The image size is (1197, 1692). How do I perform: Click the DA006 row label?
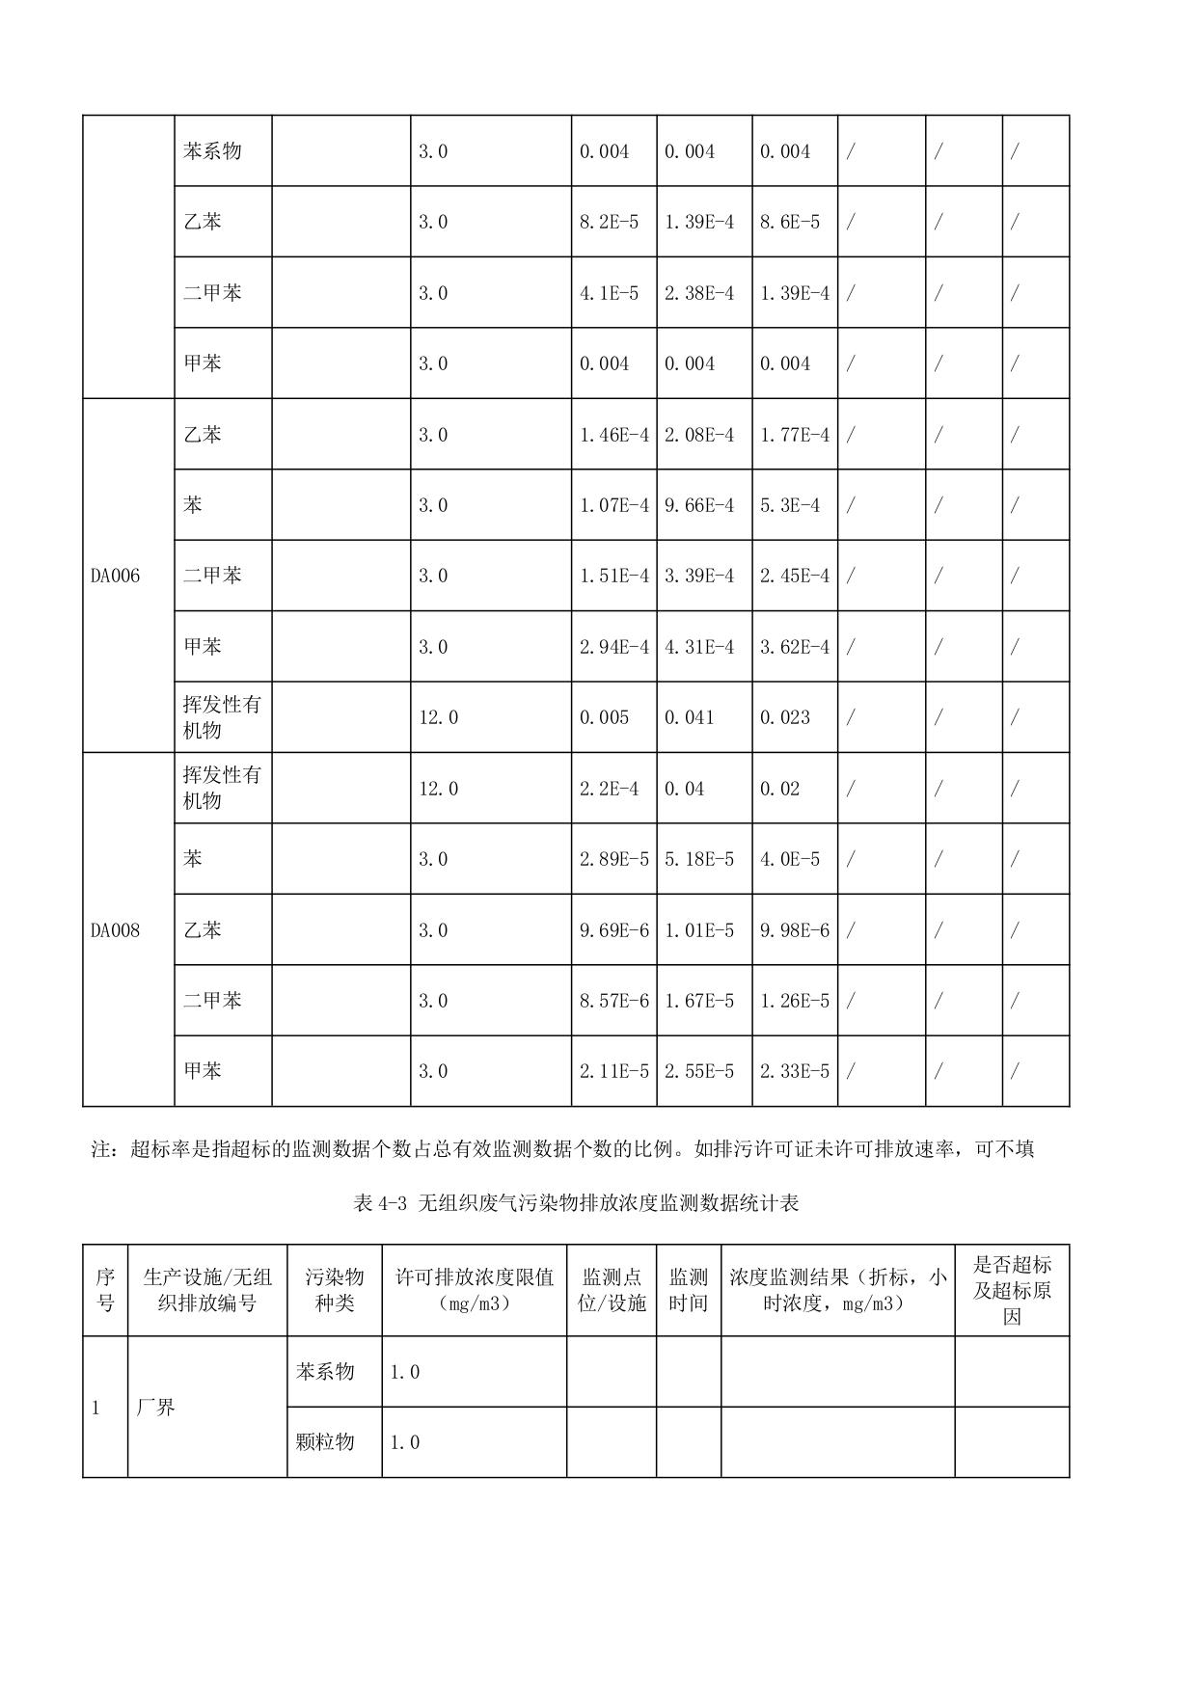tap(115, 577)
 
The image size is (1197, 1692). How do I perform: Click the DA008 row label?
tap(115, 930)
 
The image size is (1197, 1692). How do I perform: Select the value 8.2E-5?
tap(609, 222)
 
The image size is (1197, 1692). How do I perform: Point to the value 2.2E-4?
tap(609, 789)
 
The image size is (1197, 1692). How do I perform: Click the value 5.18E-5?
tap(699, 859)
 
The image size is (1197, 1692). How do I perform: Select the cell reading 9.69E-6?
tap(614, 930)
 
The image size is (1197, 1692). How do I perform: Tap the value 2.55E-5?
tap(699, 1071)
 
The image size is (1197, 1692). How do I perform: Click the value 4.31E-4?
tap(699, 647)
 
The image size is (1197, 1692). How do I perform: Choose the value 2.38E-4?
tap(699, 293)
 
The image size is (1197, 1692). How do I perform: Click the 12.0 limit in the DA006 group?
tap(438, 717)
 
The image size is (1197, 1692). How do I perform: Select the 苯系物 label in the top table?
tap(212, 151)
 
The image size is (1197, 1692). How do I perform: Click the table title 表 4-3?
tap(576, 1203)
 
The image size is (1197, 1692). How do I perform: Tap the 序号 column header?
tap(105, 1290)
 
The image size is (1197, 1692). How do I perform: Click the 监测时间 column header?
tap(689, 1290)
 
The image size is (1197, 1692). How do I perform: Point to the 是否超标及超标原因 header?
tap(1012, 1290)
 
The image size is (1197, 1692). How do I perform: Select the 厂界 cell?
tap(155, 1408)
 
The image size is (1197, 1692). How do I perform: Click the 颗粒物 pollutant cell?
tap(325, 1442)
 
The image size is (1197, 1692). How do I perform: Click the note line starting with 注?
tap(562, 1149)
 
